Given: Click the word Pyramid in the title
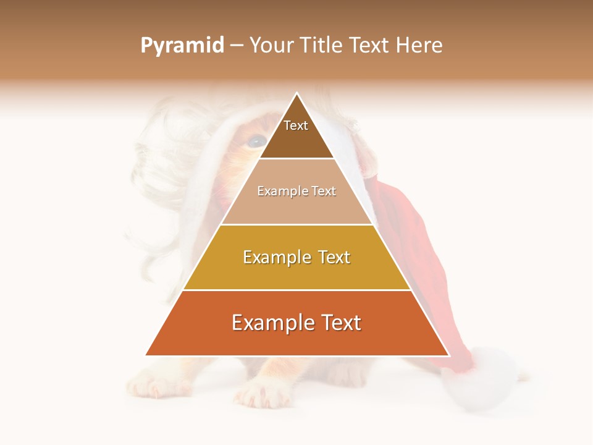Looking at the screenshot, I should (x=182, y=46).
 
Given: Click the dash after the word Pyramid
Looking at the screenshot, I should (x=237, y=46).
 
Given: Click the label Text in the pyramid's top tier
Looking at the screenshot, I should (x=296, y=126).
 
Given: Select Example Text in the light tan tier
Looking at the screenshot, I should (x=296, y=192).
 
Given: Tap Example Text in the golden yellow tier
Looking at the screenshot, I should (x=296, y=257).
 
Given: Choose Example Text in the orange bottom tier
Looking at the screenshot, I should (x=296, y=323).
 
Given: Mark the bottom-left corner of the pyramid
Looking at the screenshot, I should (x=146, y=355).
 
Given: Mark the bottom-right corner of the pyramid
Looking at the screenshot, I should (x=448, y=355).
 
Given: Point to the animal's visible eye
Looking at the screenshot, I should (x=254, y=142).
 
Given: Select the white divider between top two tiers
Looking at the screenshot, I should (x=296, y=159).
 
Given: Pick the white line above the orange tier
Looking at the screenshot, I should (x=296, y=290).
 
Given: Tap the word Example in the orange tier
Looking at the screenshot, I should (x=269, y=323).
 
